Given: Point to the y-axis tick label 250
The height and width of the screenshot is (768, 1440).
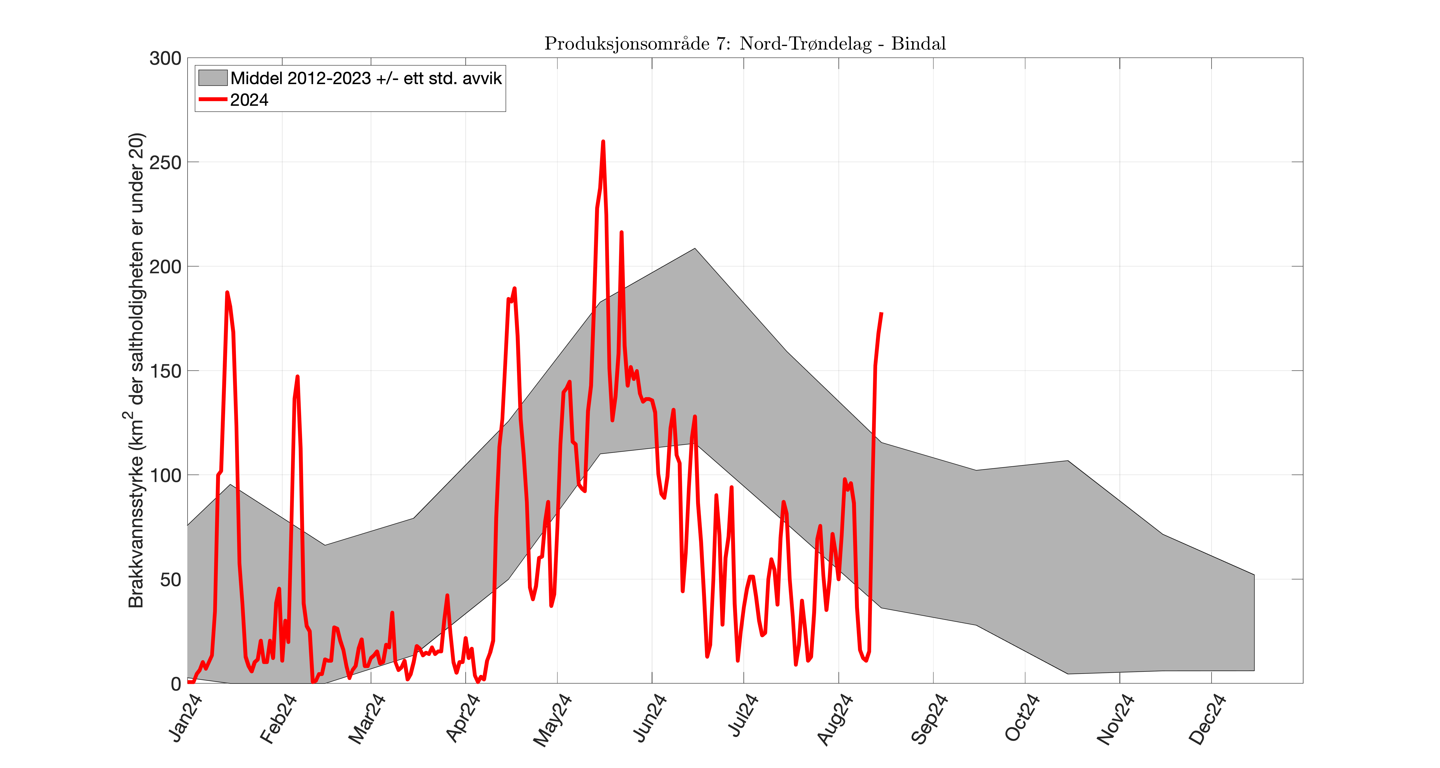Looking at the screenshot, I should pyautogui.click(x=165, y=163).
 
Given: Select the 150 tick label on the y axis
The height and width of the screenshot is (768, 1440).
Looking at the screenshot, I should pyautogui.click(x=165, y=371).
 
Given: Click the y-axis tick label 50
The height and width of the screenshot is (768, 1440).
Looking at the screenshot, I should pyautogui.click(x=170, y=580).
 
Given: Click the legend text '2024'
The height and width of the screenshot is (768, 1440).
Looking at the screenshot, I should pyautogui.click(x=249, y=100).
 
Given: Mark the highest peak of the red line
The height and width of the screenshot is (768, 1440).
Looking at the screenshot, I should pyautogui.click(x=602, y=142).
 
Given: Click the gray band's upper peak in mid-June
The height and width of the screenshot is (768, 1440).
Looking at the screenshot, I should pyautogui.click(x=695, y=249).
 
